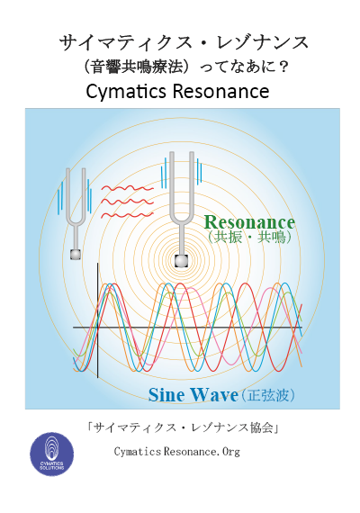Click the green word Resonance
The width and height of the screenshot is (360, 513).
[x=249, y=222]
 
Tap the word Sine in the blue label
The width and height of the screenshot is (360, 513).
[x=166, y=395]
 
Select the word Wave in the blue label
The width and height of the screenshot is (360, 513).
[x=214, y=395]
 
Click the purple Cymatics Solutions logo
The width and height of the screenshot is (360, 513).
[x=51, y=454]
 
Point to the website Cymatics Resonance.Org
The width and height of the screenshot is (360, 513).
[x=177, y=452]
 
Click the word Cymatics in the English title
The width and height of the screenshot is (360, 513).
[x=127, y=92]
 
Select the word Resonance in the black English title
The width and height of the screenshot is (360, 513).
[x=220, y=92]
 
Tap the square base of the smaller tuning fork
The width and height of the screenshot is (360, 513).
[x=76, y=254]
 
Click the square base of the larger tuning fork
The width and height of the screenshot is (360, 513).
[x=181, y=261]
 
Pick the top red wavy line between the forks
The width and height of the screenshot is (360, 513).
[x=127, y=188]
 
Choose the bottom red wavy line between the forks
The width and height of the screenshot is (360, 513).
[x=127, y=215]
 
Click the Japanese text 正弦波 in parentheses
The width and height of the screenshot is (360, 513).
[x=268, y=395]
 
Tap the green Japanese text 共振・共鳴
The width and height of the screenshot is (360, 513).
[x=249, y=238]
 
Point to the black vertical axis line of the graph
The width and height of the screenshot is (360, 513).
[x=97, y=320]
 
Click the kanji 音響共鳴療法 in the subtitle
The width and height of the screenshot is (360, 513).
[x=137, y=67]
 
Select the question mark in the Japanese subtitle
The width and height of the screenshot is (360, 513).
[x=283, y=67]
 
